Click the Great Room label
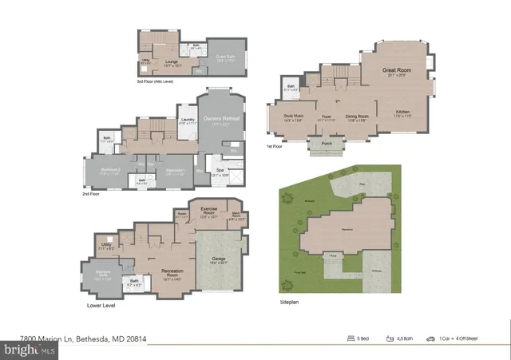(396, 72)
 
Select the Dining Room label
(356, 117)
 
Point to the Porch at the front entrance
(326, 144)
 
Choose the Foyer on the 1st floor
(327, 117)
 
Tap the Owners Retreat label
(222, 120)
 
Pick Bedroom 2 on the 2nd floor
(109, 171)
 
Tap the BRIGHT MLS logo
(29, 349)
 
